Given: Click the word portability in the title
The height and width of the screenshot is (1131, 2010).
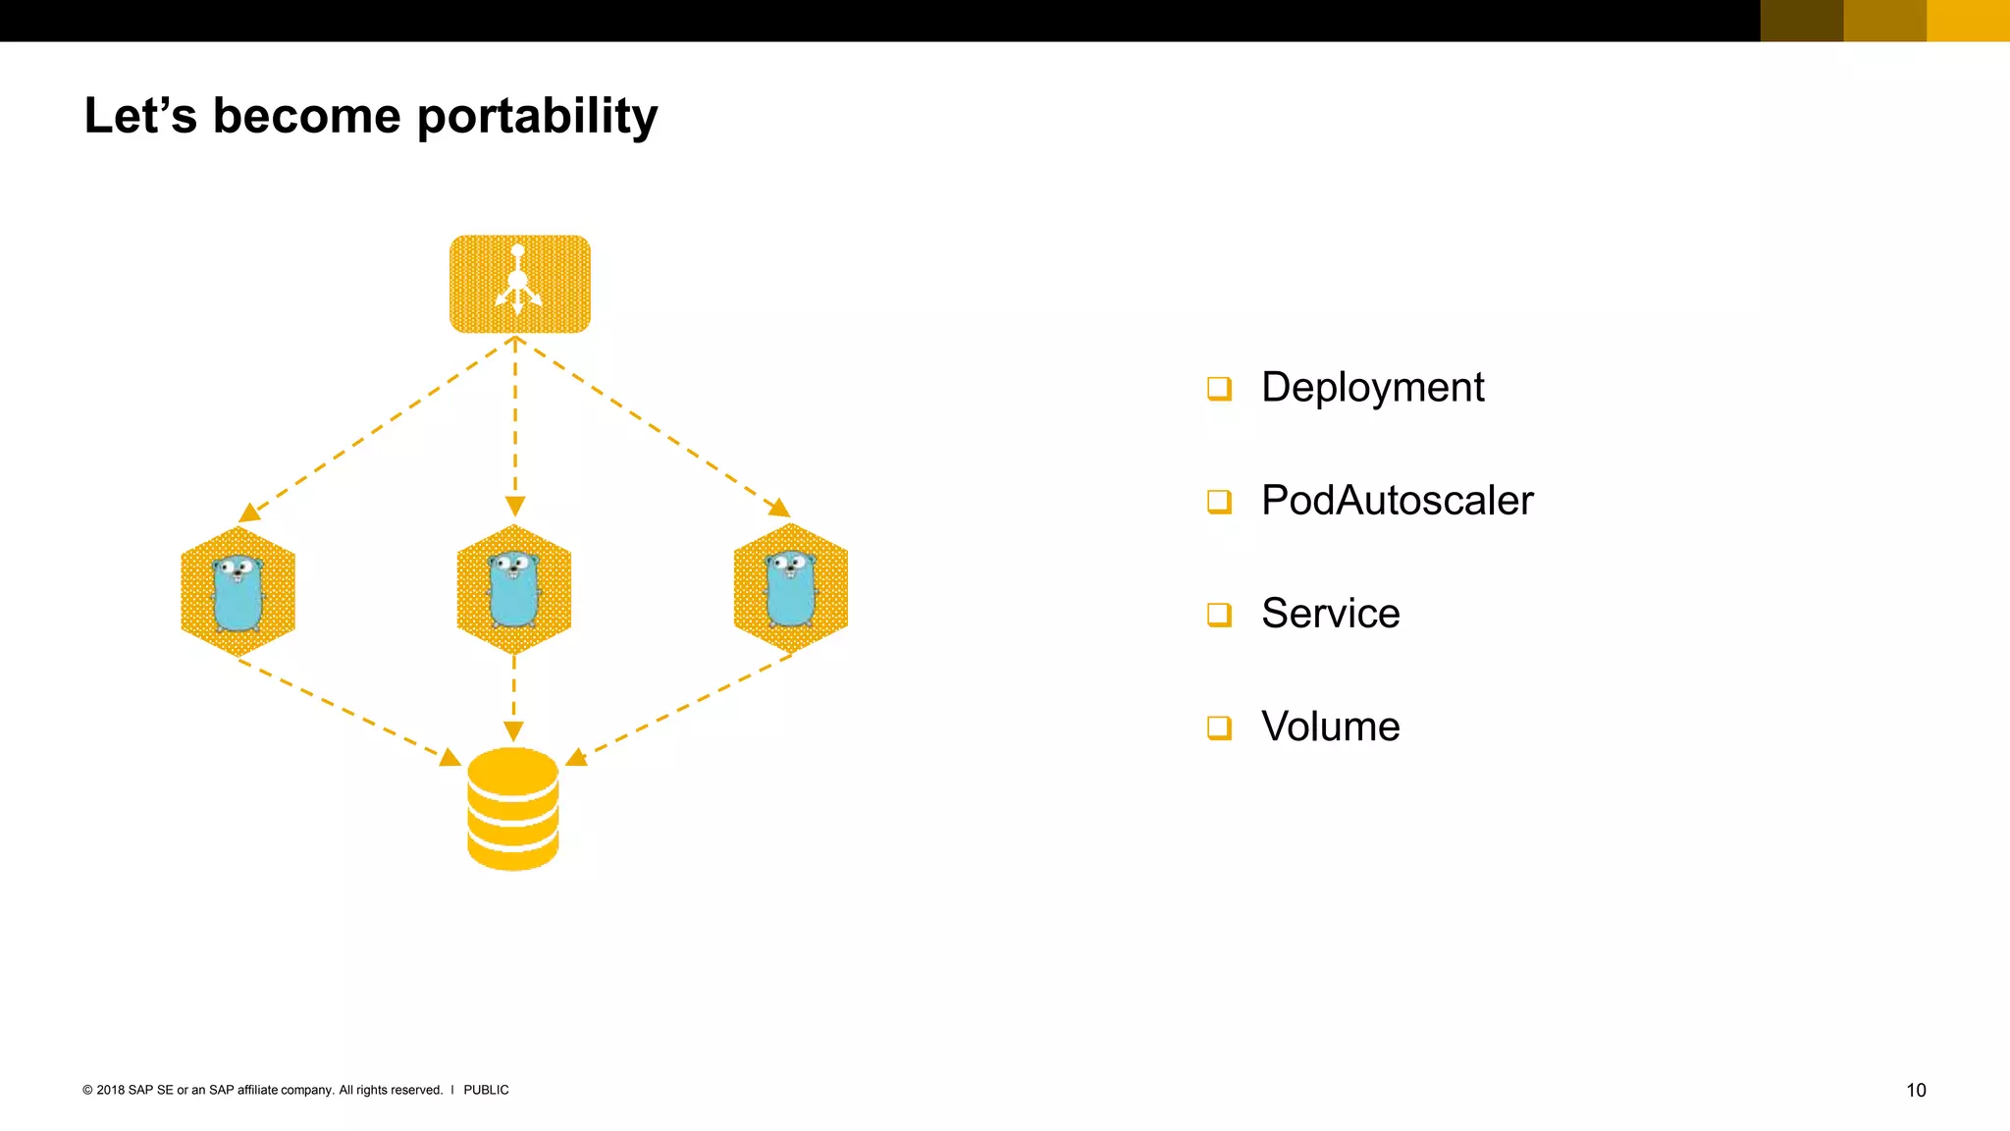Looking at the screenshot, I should point(537,117).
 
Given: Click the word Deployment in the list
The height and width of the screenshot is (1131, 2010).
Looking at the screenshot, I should point(1372,387).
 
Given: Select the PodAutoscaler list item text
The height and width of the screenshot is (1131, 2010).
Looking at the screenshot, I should point(1397,501).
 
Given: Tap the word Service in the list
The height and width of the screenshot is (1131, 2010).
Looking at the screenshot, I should point(1330,614).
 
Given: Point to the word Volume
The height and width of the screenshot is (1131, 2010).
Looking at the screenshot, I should point(1330,727).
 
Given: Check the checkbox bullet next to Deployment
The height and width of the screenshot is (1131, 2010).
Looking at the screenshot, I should point(1219,389).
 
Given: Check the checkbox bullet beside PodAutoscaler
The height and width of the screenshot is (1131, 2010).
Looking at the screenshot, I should point(1219,502).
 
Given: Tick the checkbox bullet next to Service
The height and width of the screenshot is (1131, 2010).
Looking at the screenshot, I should point(1219,615).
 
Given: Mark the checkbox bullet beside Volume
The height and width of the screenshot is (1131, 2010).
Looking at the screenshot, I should point(1219,727).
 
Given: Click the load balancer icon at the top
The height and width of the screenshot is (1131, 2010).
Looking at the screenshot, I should point(519,284).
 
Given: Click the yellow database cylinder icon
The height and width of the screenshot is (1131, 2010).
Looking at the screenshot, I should point(512,808).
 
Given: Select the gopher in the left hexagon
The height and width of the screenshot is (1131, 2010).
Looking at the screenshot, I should point(238,592).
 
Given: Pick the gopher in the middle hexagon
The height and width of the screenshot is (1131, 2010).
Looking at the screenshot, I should point(513,589).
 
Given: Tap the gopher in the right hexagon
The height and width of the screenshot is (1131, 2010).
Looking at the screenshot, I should point(791,588).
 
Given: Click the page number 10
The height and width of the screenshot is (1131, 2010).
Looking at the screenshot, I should point(1916,1090).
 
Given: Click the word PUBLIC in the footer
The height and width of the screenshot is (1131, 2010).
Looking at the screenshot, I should point(486,1090).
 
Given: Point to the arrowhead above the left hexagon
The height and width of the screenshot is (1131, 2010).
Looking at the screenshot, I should point(249,512).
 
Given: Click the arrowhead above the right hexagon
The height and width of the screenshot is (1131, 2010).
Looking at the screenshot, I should point(779,508).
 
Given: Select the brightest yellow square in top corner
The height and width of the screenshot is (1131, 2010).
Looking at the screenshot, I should point(1968,21).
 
